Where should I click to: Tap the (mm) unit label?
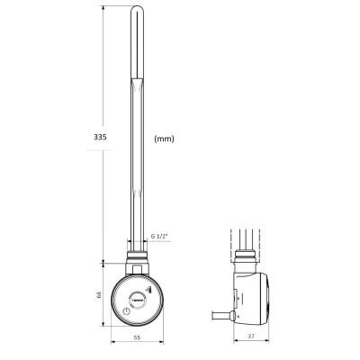[x=164, y=139]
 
